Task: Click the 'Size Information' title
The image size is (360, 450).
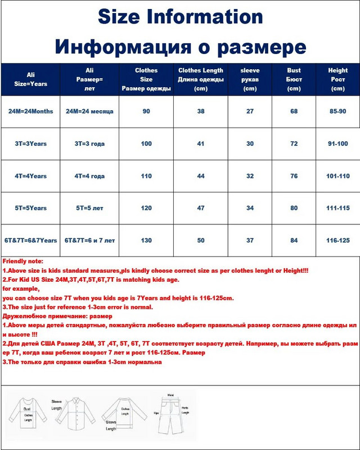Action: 180,17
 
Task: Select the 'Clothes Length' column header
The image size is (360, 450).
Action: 201,79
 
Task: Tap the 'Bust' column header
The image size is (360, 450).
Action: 294,79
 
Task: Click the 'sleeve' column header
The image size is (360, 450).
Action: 249,79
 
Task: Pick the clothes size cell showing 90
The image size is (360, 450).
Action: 146,111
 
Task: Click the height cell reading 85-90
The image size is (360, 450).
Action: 338,111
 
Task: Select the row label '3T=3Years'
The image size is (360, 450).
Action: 30,144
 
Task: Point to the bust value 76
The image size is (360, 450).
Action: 294,176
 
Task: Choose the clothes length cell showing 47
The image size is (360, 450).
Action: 201,208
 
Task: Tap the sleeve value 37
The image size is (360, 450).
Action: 249,240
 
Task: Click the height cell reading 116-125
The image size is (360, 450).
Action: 338,240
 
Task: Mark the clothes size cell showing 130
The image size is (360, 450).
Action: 146,240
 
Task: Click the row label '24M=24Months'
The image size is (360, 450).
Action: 30,111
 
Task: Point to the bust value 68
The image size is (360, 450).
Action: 294,111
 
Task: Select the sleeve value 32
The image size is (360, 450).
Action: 249,176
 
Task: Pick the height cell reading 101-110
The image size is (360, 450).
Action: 338,176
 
